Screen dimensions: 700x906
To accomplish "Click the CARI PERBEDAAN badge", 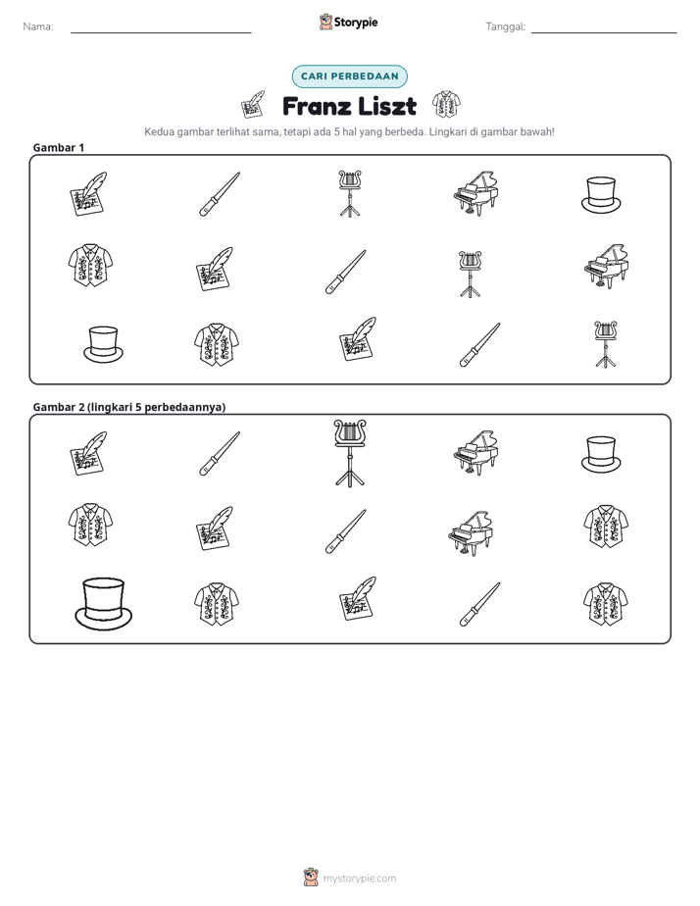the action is tap(349, 76).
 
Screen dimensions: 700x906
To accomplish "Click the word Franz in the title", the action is tap(316, 106).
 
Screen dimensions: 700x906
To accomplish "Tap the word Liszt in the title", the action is tap(387, 106).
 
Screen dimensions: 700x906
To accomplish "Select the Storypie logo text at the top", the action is tap(356, 23).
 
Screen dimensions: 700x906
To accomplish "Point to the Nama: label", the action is tap(38, 26).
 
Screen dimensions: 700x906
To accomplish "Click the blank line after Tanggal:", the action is tap(604, 33).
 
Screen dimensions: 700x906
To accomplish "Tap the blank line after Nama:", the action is tap(161, 33).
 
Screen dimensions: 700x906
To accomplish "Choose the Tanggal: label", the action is tap(505, 26).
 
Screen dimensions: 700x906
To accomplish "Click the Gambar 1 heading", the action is tap(59, 147).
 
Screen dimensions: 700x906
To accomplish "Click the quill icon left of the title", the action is tap(253, 105).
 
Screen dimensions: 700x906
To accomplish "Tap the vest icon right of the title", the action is tap(446, 105).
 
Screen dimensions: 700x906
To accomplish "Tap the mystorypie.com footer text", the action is tap(359, 879).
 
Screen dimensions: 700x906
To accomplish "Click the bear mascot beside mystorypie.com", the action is tap(311, 878).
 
